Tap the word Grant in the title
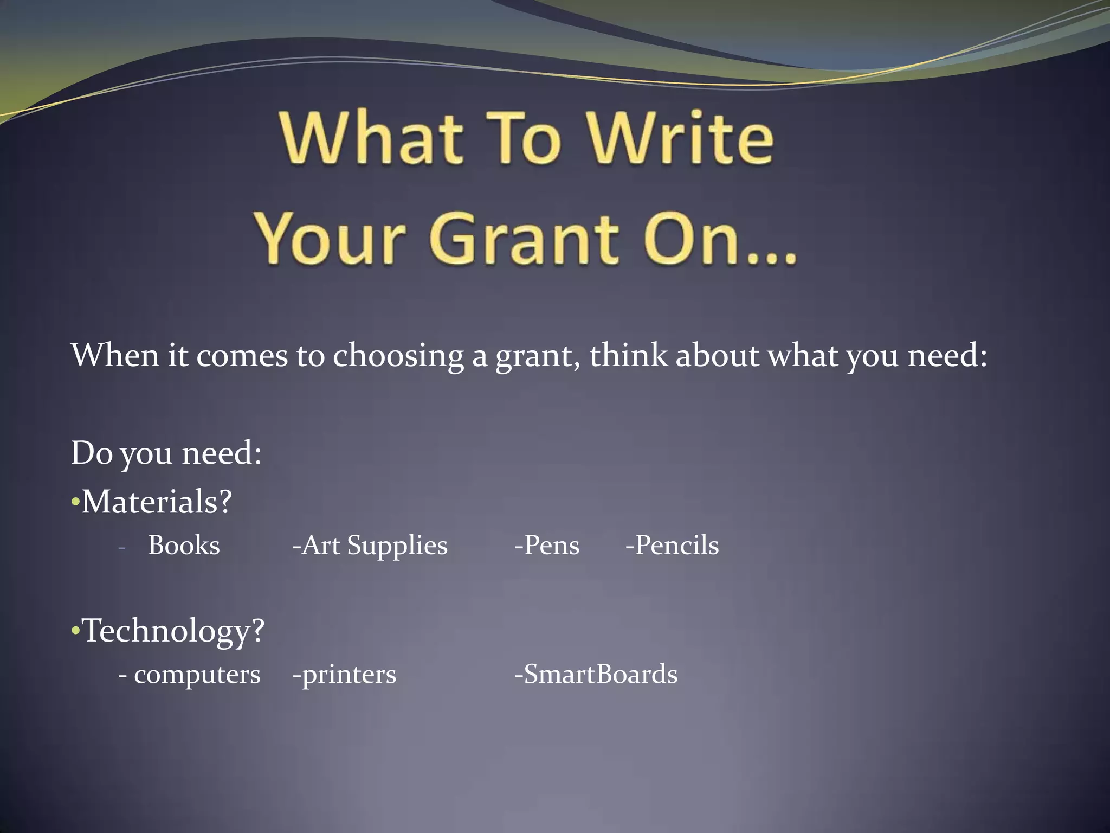[524, 239]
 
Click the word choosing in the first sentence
[398, 356]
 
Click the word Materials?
[157, 501]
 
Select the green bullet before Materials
[75, 503]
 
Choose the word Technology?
[173, 631]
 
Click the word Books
[184, 545]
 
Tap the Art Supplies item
[370, 546]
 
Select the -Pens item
[547, 545]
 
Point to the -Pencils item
[672, 545]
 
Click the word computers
[197, 675]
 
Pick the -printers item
[344, 675]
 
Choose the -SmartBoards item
[596, 675]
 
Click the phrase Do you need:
[166, 453]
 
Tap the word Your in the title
[331, 239]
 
